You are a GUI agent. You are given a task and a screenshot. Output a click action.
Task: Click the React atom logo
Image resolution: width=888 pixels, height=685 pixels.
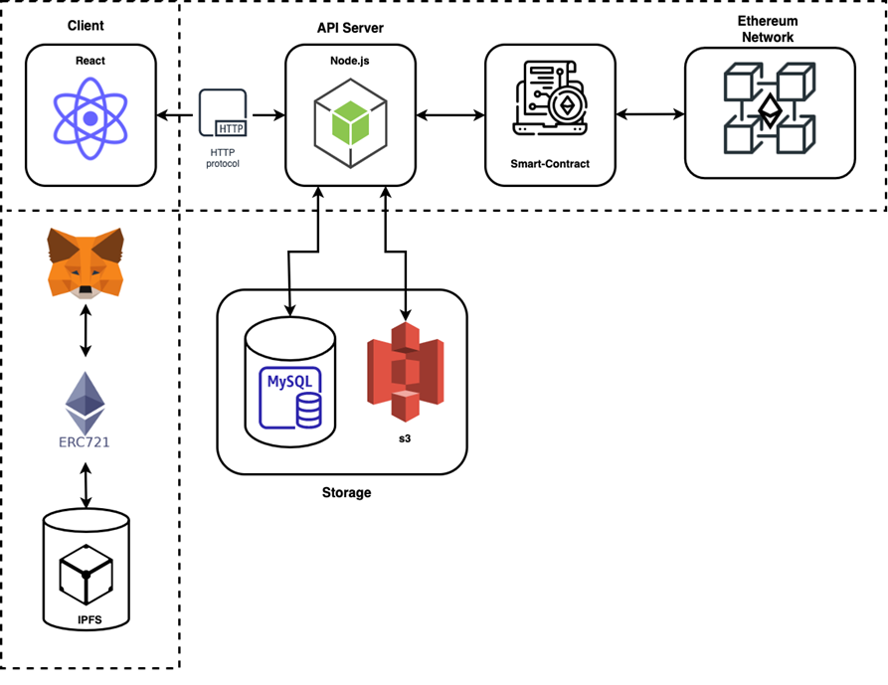click(x=90, y=118)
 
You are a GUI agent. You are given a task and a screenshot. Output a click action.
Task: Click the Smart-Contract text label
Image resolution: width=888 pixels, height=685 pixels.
click(x=550, y=163)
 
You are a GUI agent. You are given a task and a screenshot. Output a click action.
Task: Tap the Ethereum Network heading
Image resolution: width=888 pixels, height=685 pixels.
click(x=768, y=29)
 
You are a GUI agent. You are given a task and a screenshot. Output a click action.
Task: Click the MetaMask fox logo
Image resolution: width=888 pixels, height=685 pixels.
click(x=86, y=261)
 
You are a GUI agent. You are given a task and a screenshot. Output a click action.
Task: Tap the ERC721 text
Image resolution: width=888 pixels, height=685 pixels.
click(x=85, y=441)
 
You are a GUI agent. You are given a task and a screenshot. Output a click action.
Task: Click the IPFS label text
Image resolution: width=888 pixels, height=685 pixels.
click(x=87, y=620)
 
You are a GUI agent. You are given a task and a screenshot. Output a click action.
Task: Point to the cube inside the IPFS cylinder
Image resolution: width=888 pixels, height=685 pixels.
click(x=86, y=574)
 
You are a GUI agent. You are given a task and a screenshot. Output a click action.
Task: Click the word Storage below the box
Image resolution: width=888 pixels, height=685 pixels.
click(x=345, y=492)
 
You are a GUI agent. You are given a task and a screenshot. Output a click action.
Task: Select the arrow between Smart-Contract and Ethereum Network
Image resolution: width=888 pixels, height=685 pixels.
click(x=650, y=114)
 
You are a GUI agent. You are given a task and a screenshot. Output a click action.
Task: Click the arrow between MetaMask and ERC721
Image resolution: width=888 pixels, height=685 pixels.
click(x=86, y=332)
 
